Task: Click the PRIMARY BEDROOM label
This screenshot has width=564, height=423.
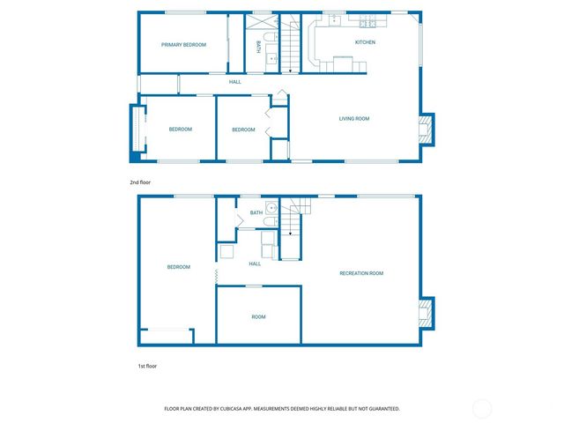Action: (183, 44)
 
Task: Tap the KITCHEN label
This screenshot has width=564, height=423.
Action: (365, 42)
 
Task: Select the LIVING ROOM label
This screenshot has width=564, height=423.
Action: (354, 118)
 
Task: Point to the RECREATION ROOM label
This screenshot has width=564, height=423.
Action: (361, 273)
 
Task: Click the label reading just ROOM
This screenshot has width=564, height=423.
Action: (258, 316)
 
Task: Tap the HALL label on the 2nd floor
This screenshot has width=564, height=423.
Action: (235, 82)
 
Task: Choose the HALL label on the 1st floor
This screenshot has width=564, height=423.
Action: (255, 263)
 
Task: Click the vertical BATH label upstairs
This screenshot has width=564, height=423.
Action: (258, 47)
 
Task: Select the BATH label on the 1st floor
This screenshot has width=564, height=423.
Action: (256, 212)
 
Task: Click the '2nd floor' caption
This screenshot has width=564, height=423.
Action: (141, 182)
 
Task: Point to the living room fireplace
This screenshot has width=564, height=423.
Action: (425, 130)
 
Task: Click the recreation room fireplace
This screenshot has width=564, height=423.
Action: (425, 313)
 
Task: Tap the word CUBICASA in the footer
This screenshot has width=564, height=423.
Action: (239, 409)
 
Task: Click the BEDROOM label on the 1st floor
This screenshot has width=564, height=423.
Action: (179, 267)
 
